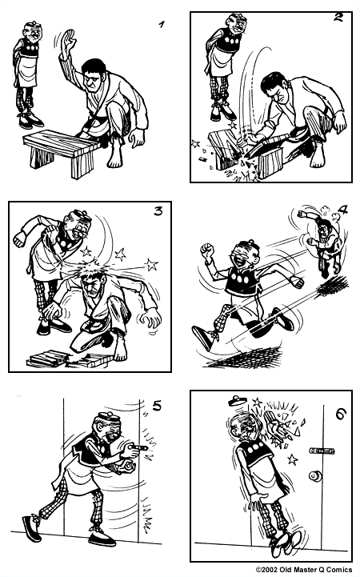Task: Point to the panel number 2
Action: [x=338, y=18]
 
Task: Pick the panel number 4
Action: [x=343, y=211]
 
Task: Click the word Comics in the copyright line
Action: [x=342, y=570]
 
